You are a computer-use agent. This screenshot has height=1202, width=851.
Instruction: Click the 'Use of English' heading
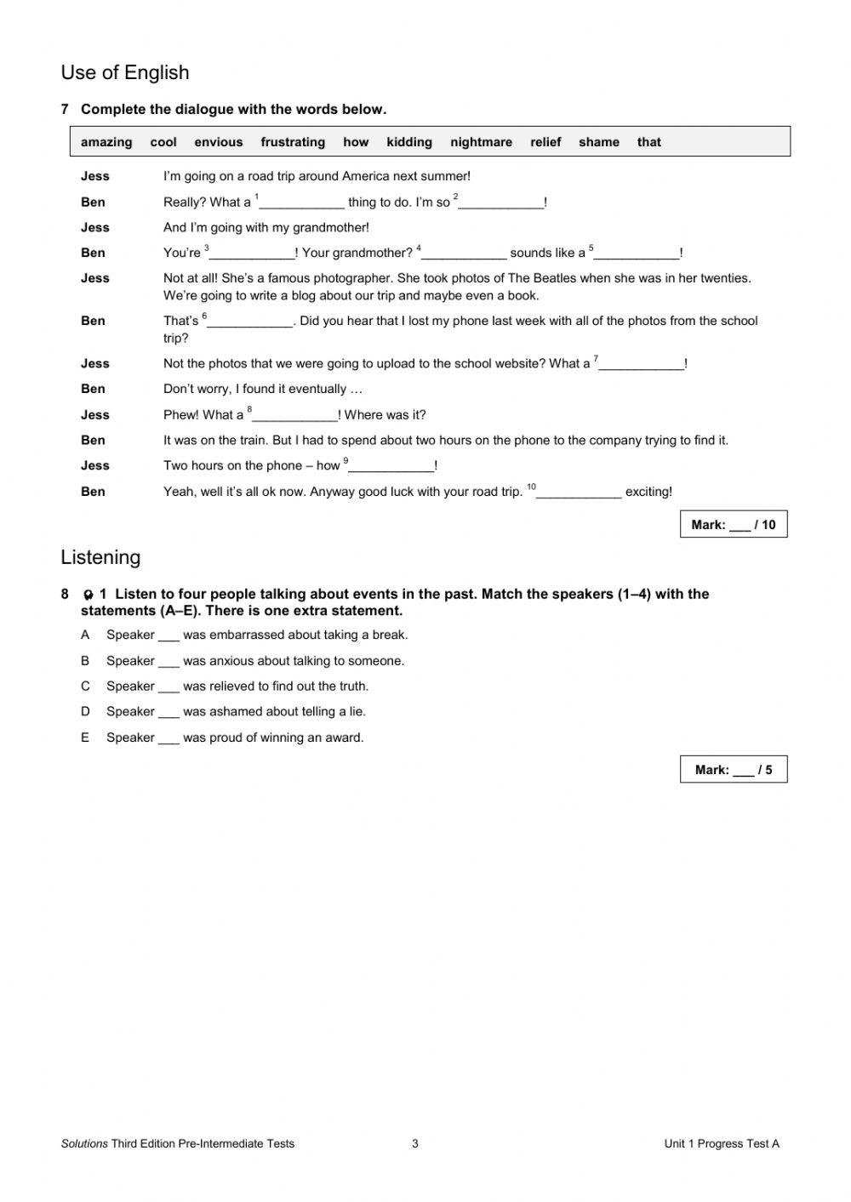(125, 73)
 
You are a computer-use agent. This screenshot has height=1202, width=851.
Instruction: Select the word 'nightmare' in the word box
(481, 142)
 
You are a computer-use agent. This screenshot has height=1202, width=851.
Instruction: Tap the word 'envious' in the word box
(218, 142)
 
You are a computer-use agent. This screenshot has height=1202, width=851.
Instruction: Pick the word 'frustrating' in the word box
(293, 142)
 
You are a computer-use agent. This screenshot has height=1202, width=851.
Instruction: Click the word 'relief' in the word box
(545, 142)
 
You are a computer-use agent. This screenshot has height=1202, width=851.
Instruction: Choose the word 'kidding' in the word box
(409, 142)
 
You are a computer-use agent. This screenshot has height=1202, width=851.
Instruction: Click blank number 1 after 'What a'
(301, 203)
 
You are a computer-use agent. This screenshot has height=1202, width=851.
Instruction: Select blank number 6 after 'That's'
(250, 322)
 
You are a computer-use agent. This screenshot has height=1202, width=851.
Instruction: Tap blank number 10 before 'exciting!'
(579, 493)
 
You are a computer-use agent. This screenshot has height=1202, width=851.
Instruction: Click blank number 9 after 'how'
(391, 467)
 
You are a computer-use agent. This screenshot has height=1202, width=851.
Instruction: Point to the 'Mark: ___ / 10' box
(734, 525)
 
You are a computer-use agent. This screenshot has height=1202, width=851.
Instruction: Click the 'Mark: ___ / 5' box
(734, 770)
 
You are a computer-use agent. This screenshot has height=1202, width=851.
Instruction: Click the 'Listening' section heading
(100, 557)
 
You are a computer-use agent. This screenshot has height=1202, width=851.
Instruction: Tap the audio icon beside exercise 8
(88, 595)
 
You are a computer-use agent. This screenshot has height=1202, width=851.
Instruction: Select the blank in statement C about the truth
(168, 687)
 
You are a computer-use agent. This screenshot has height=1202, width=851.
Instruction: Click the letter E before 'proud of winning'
(85, 738)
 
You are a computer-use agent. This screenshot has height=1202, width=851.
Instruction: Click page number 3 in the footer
(415, 1143)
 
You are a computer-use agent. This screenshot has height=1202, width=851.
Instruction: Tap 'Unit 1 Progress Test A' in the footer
(722, 1143)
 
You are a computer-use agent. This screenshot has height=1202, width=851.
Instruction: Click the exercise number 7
(65, 109)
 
